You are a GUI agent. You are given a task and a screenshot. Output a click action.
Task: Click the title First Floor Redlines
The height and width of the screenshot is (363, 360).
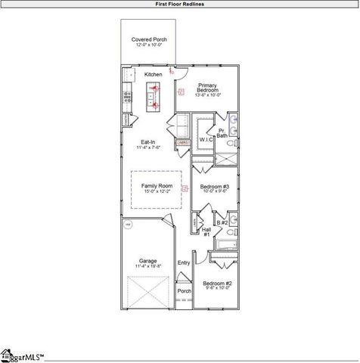point(179,4)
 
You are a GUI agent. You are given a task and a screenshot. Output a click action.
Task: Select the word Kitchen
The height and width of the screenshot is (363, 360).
point(154,75)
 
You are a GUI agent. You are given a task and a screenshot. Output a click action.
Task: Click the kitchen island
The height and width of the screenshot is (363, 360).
point(154,97)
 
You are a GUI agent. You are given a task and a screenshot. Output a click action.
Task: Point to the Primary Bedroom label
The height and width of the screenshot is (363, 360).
point(207,88)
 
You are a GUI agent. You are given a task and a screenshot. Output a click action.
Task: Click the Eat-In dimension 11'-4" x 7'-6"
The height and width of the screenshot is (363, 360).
point(148,148)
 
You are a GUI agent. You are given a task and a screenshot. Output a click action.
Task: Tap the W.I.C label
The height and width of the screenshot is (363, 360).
point(206,140)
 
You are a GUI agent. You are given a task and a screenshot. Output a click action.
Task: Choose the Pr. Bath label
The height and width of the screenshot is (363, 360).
point(222,134)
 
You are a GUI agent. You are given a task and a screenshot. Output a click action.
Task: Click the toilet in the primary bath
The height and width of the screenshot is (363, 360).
point(234,119)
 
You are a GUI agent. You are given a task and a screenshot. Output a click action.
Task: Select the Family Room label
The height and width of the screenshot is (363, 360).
point(157,185)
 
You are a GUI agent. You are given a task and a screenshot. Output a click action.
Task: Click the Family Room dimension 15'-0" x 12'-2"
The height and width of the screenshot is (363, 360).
point(157,191)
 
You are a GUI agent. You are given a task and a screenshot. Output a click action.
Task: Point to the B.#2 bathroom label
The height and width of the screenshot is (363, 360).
point(222,223)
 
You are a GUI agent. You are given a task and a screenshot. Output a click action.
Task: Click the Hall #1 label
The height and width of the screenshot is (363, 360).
point(206,231)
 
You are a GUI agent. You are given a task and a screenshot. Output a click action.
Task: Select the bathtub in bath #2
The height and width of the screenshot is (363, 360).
point(225,244)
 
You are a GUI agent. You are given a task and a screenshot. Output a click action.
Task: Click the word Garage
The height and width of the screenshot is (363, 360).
point(147,261)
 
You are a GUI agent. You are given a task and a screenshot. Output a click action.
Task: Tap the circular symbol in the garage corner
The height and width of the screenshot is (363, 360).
point(128,225)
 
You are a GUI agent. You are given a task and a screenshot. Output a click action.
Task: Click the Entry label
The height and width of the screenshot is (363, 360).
point(184,263)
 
